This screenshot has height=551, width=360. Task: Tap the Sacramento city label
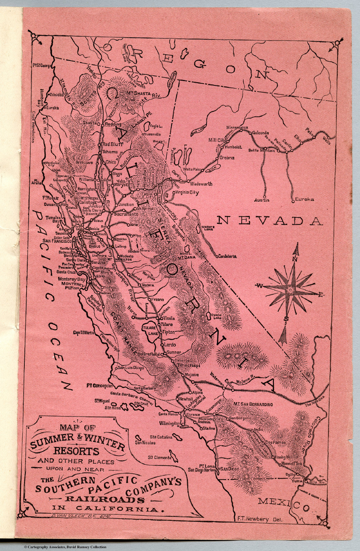tap(126, 214)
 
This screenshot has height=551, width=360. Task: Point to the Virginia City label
tap(187, 193)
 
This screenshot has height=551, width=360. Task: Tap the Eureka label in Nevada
tap(304, 199)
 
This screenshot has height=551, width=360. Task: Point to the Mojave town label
tap(191, 375)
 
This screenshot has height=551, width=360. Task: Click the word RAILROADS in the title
tap(104, 500)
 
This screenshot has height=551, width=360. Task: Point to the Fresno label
tap(157, 299)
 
